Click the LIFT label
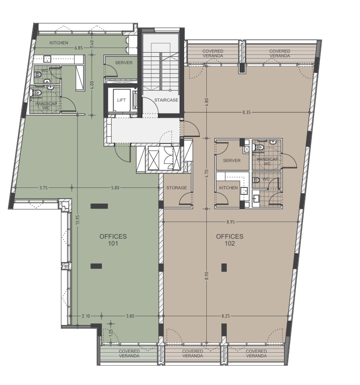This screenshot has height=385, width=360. click(x=121, y=100)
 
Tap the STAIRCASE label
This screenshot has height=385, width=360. click(x=166, y=100)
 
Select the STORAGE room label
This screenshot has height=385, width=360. click(x=177, y=187)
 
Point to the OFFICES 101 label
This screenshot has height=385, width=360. click(x=113, y=240)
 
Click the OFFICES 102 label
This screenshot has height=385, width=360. click(x=230, y=240)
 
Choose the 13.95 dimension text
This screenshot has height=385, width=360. click(x=78, y=220)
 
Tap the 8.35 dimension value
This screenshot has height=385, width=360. click(x=246, y=113)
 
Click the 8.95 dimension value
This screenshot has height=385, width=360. click(x=231, y=222)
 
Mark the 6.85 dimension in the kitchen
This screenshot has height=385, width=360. click(x=78, y=48)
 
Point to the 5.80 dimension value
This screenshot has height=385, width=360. click(x=115, y=188)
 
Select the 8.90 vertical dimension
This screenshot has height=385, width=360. click(x=206, y=276)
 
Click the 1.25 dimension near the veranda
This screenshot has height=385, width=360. click(x=111, y=333)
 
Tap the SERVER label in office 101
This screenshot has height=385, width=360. click(x=124, y=63)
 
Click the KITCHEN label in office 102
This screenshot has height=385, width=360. click(x=228, y=187)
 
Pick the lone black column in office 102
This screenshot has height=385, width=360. click(x=224, y=267)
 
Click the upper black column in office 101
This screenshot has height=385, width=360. click(x=99, y=206)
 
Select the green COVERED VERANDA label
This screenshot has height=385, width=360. click(x=129, y=353)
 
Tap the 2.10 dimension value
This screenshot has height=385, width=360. click(x=86, y=316)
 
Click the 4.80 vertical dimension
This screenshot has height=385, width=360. click(x=206, y=102)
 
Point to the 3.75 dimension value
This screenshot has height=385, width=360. click(x=43, y=188)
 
